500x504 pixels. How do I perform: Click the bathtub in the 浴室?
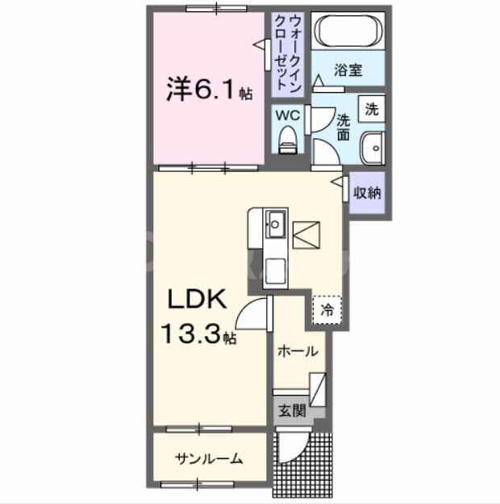[348, 31]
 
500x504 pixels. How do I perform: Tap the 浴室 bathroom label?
[348, 70]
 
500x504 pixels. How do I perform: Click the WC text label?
[288, 115]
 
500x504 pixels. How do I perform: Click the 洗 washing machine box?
[371, 109]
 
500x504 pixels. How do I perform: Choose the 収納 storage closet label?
[368, 193]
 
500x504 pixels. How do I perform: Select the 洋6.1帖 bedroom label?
[209, 89]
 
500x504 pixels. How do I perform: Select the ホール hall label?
[297, 351]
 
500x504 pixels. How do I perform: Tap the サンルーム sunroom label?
[209, 458]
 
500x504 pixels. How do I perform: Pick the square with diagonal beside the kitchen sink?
[306, 233]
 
